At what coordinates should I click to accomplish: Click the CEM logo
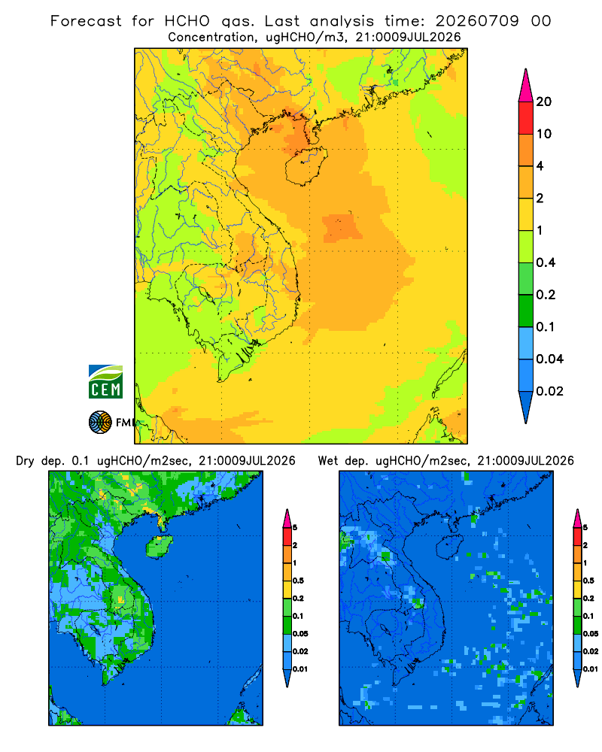(105, 382)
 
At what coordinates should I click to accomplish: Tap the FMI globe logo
(100, 423)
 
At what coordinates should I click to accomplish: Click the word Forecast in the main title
(86, 21)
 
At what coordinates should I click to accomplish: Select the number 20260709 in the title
(477, 21)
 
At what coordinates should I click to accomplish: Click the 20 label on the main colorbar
(544, 102)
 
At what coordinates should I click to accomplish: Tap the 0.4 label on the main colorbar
(546, 262)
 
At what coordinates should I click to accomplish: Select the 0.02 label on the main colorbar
(549, 391)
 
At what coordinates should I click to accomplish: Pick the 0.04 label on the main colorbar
(549, 359)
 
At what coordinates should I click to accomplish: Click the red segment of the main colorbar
(526, 118)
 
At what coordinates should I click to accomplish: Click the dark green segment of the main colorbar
(526, 311)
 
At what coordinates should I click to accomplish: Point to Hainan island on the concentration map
(306, 166)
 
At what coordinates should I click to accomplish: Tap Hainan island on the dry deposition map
(159, 547)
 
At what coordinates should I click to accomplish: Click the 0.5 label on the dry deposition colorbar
(298, 581)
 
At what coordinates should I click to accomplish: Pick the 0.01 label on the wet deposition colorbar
(591, 669)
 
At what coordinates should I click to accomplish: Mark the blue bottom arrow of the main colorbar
(526, 407)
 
